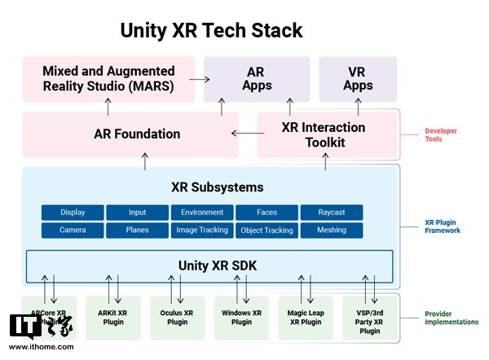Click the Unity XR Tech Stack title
[x=211, y=30]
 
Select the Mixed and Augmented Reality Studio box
[x=108, y=79]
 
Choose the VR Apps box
[x=358, y=79]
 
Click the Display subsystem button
[x=73, y=213]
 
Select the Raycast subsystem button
[x=332, y=213]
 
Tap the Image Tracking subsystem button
[x=202, y=230]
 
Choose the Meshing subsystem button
[x=332, y=230]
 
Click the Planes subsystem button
[x=137, y=230]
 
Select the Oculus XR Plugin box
[x=178, y=317]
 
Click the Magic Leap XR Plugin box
[x=306, y=317]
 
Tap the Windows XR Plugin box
[x=241, y=317]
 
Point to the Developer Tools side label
[x=443, y=134]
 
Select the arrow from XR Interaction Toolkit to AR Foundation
[x=244, y=134]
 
